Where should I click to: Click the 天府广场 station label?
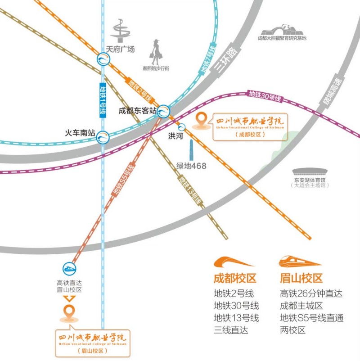tap(120, 50)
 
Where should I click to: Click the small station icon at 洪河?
tap(182, 126)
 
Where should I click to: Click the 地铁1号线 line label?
tap(103, 101)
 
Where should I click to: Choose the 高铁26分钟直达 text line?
tap(311, 293)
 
